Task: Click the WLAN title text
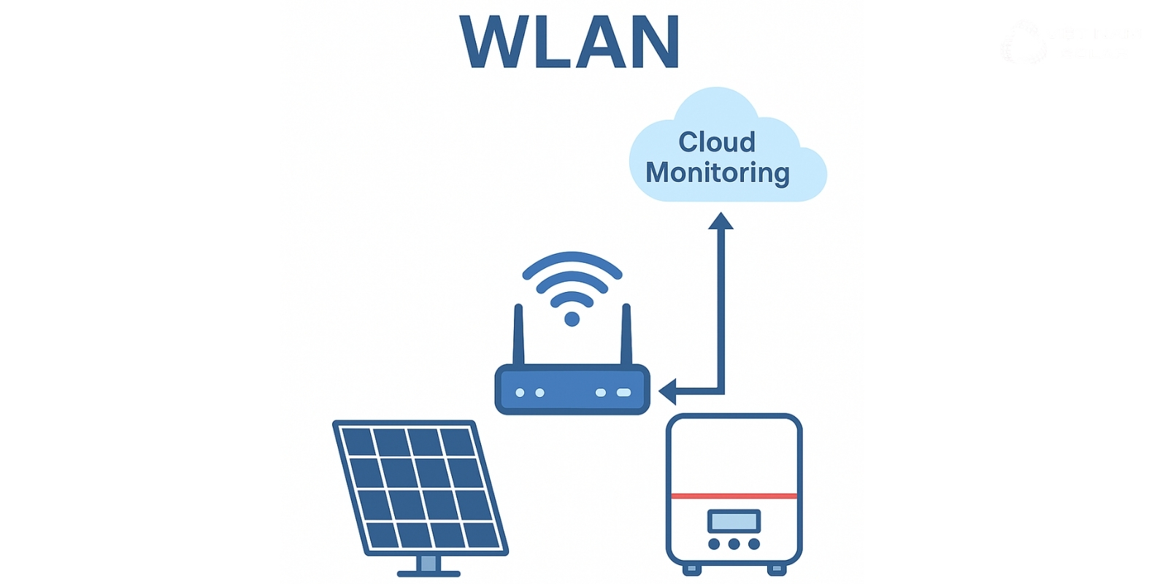tap(570, 42)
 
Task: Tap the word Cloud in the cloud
tap(717, 142)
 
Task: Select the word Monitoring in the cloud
tap(718, 173)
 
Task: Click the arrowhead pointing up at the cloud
tap(721, 221)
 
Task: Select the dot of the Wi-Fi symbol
tap(572, 319)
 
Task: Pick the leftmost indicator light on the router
tap(520, 393)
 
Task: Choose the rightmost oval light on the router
tap(623, 393)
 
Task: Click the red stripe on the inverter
tap(734, 496)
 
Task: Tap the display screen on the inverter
tap(734, 521)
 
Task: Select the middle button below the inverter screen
tap(734, 544)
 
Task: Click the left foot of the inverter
tap(691, 569)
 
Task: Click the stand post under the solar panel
tap(429, 563)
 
